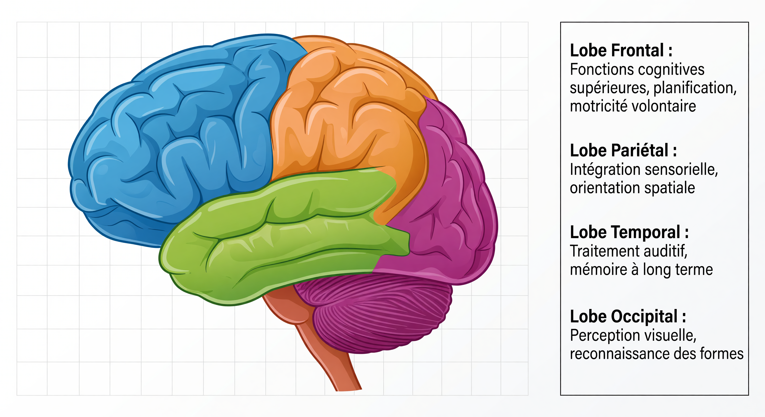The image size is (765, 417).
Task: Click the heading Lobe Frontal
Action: [x=621, y=50]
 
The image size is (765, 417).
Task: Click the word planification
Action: [x=695, y=88]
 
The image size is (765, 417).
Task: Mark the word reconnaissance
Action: [x=620, y=354]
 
